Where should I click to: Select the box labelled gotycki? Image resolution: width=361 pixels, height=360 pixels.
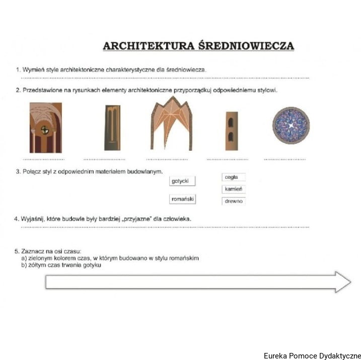[182, 181]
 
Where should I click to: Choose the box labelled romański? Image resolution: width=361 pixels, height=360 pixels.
[182, 199]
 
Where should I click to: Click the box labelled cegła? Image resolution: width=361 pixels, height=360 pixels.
[234, 177]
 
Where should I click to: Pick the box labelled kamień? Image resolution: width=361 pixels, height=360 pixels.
[234, 189]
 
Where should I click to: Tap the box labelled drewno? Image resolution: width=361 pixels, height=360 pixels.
[234, 201]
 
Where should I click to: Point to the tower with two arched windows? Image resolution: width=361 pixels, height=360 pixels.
[231, 130]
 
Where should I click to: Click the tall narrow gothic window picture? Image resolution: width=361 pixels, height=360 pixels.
[112, 128]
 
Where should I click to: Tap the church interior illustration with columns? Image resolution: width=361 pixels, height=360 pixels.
[45, 127]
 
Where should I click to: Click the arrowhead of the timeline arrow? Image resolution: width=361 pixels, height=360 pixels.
[342, 282]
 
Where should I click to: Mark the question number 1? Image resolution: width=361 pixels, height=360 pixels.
[17, 69]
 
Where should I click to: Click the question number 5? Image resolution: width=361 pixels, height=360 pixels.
[17, 251]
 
